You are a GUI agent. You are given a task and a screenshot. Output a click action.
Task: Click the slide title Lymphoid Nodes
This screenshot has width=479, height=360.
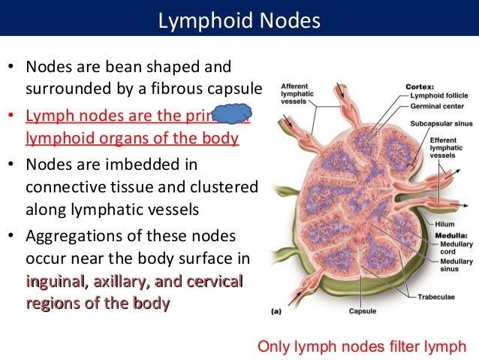pyautogui.click(x=239, y=19)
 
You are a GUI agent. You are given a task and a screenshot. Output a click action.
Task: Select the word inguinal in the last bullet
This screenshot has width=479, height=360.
pyautogui.click(x=54, y=282)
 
